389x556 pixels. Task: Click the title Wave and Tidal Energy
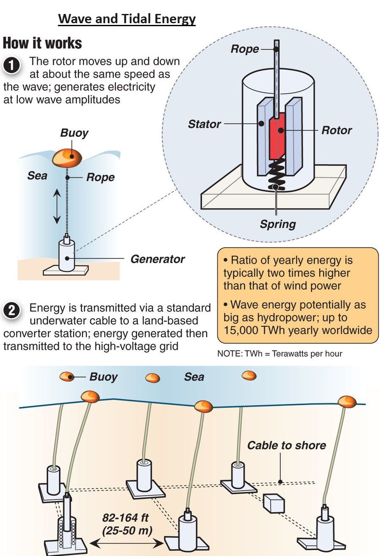pos(127,19)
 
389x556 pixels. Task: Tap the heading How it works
pos(42,43)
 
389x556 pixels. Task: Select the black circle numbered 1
pos(12,65)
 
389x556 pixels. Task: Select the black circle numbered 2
pos(12,310)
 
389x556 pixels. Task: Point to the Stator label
pos(204,124)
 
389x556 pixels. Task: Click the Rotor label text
pos(337,130)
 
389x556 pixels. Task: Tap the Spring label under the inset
pos(278,224)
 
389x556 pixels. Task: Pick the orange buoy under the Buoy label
pos(67,157)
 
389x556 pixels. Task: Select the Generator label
pos(157,259)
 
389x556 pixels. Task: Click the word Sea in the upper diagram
pos(37,175)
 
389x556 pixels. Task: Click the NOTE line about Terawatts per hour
pos(279,353)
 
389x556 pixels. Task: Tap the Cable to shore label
pos(286,445)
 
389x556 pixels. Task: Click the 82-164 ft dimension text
pos(126,518)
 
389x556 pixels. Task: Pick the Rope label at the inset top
pos(244,49)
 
